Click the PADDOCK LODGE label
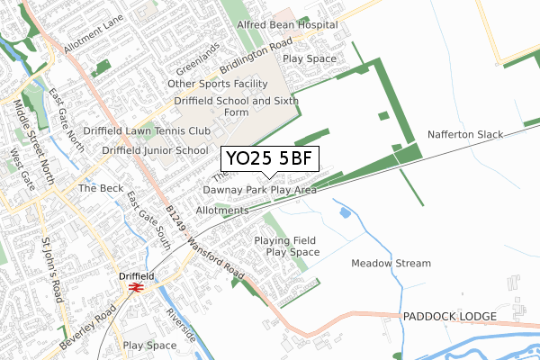click(450, 317)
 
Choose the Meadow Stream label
click(391, 264)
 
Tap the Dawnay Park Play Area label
click(259, 191)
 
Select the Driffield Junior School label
click(154, 150)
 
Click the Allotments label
click(221, 211)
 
